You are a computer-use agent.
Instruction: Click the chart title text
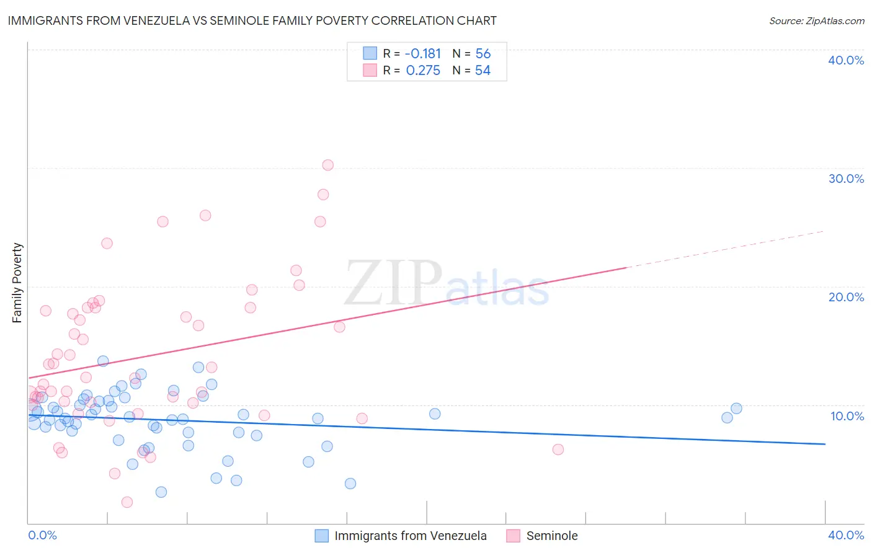(252, 20)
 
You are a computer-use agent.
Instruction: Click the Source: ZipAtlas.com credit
(816, 21)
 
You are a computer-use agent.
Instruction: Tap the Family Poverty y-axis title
(17, 283)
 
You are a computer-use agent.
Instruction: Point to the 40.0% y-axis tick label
(846, 60)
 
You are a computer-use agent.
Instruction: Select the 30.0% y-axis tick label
(846, 179)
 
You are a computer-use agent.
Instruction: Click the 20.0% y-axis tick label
(846, 297)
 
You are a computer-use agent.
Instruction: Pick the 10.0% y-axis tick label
(847, 416)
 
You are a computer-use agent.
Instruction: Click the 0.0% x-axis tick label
(42, 535)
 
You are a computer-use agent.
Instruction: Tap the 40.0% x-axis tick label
(846, 535)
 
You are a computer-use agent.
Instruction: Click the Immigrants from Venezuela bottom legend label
(410, 536)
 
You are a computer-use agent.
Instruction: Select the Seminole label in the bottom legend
(552, 536)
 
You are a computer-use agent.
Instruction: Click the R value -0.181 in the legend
(422, 54)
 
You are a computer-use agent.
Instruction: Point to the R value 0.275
(423, 71)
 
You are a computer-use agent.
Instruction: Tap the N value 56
(483, 54)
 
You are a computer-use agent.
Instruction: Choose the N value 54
(483, 71)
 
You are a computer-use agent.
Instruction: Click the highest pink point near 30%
(328, 165)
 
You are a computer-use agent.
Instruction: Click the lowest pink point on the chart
(127, 502)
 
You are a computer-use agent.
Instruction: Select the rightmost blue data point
(736, 409)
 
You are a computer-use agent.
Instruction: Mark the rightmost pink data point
(558, 449)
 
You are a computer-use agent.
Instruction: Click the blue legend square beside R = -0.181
(370, 53)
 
